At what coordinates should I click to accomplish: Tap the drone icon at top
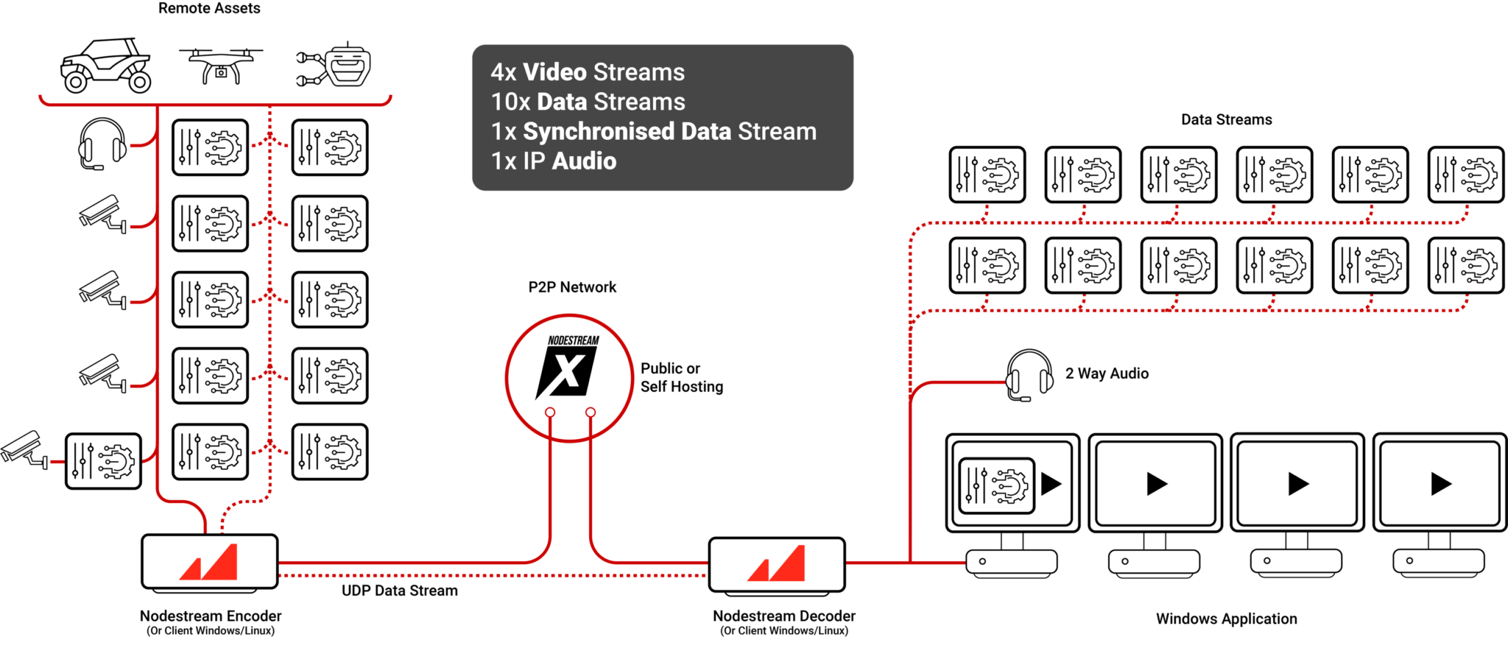pyautogui.click(x=221, y=65)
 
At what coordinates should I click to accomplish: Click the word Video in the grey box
pyautogui.click(x=554, y=72)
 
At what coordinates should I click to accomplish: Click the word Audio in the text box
pyautogui.click(x=584, y=161)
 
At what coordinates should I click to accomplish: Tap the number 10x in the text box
pyautogui.click(x=510, y=102)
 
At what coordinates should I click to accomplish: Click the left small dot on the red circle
pyautogui.click(x=550, y=412)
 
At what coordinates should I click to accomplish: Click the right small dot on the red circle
pyautogui.click(x=591, y=412)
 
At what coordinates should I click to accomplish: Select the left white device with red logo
pyautogui.click(x=210, y=563)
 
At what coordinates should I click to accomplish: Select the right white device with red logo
pyautogui.click(x=777, y=565)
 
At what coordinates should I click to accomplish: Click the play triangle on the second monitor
pyautogui.click(x=1156, y=484)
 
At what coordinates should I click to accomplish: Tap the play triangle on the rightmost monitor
pyautogui.click(x=1440, y=484)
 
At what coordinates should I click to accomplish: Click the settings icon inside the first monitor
pyautogui.click(x=997, y=485)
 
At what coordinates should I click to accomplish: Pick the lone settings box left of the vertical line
pyautogui.click(x=103, y=461)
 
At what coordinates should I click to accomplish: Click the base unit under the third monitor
pyautogui.click(x=1296, y=561)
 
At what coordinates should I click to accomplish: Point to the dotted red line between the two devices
pyautogui.click(x=493, y=575)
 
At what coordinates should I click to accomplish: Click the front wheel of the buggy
pyautogui.click(x=75, y=81)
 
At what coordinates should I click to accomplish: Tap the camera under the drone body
pyautogui.click(x=221, y=73)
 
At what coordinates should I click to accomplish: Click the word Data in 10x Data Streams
pyautogui.click(x=563, y=102)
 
